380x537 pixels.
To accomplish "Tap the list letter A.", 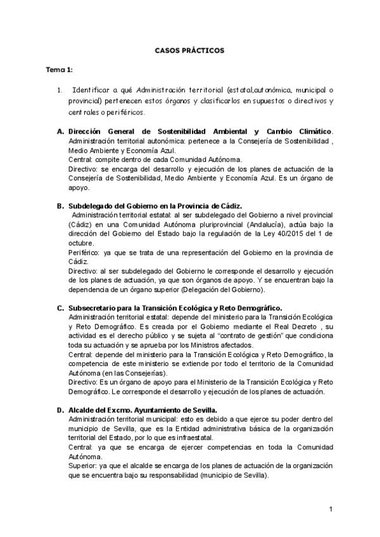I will (60, 132).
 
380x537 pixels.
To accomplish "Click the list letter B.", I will (60, 206).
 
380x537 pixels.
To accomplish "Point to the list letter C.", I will (60, 308).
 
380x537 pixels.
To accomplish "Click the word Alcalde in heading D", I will (82, 410).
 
